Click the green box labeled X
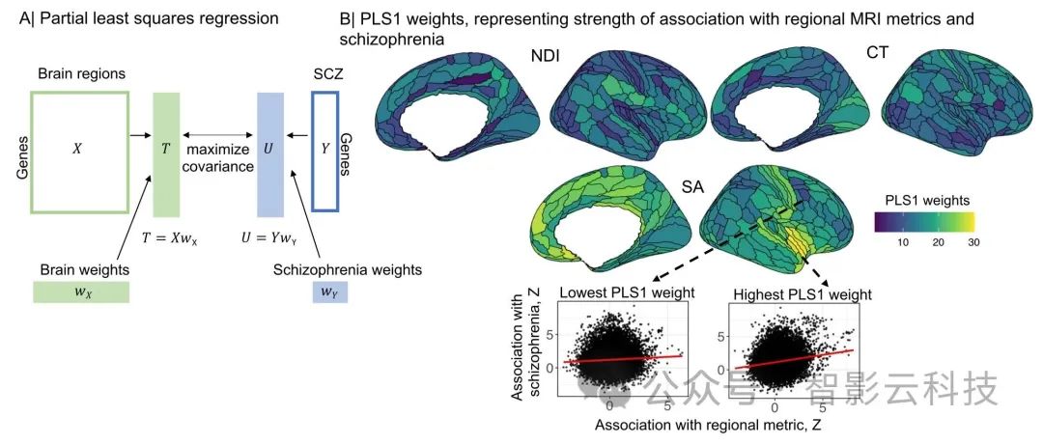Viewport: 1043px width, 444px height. [x=79, y=152]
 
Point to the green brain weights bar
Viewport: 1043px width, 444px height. [x=80, y=292]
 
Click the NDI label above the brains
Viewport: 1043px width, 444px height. [x=548, y=59]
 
